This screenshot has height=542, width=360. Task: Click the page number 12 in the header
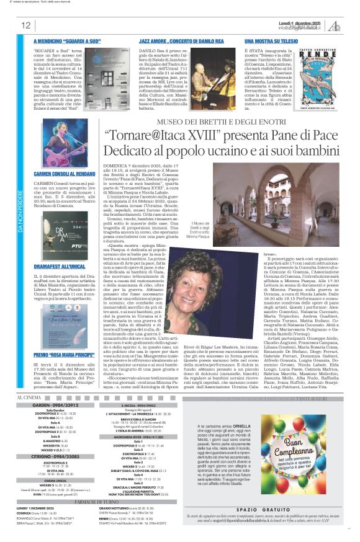(x=26, y=25)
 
